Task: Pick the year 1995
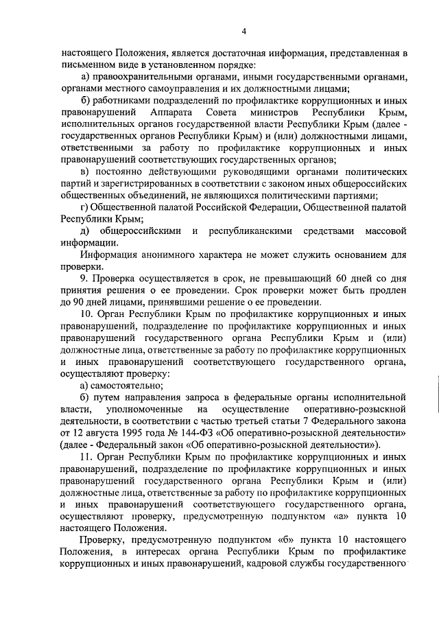click(x=145, y=434)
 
